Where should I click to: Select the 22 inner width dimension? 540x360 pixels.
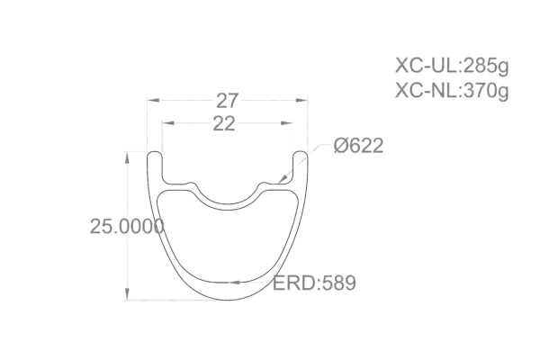click(225, 125)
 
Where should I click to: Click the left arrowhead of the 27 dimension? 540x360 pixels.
click(152, 101)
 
